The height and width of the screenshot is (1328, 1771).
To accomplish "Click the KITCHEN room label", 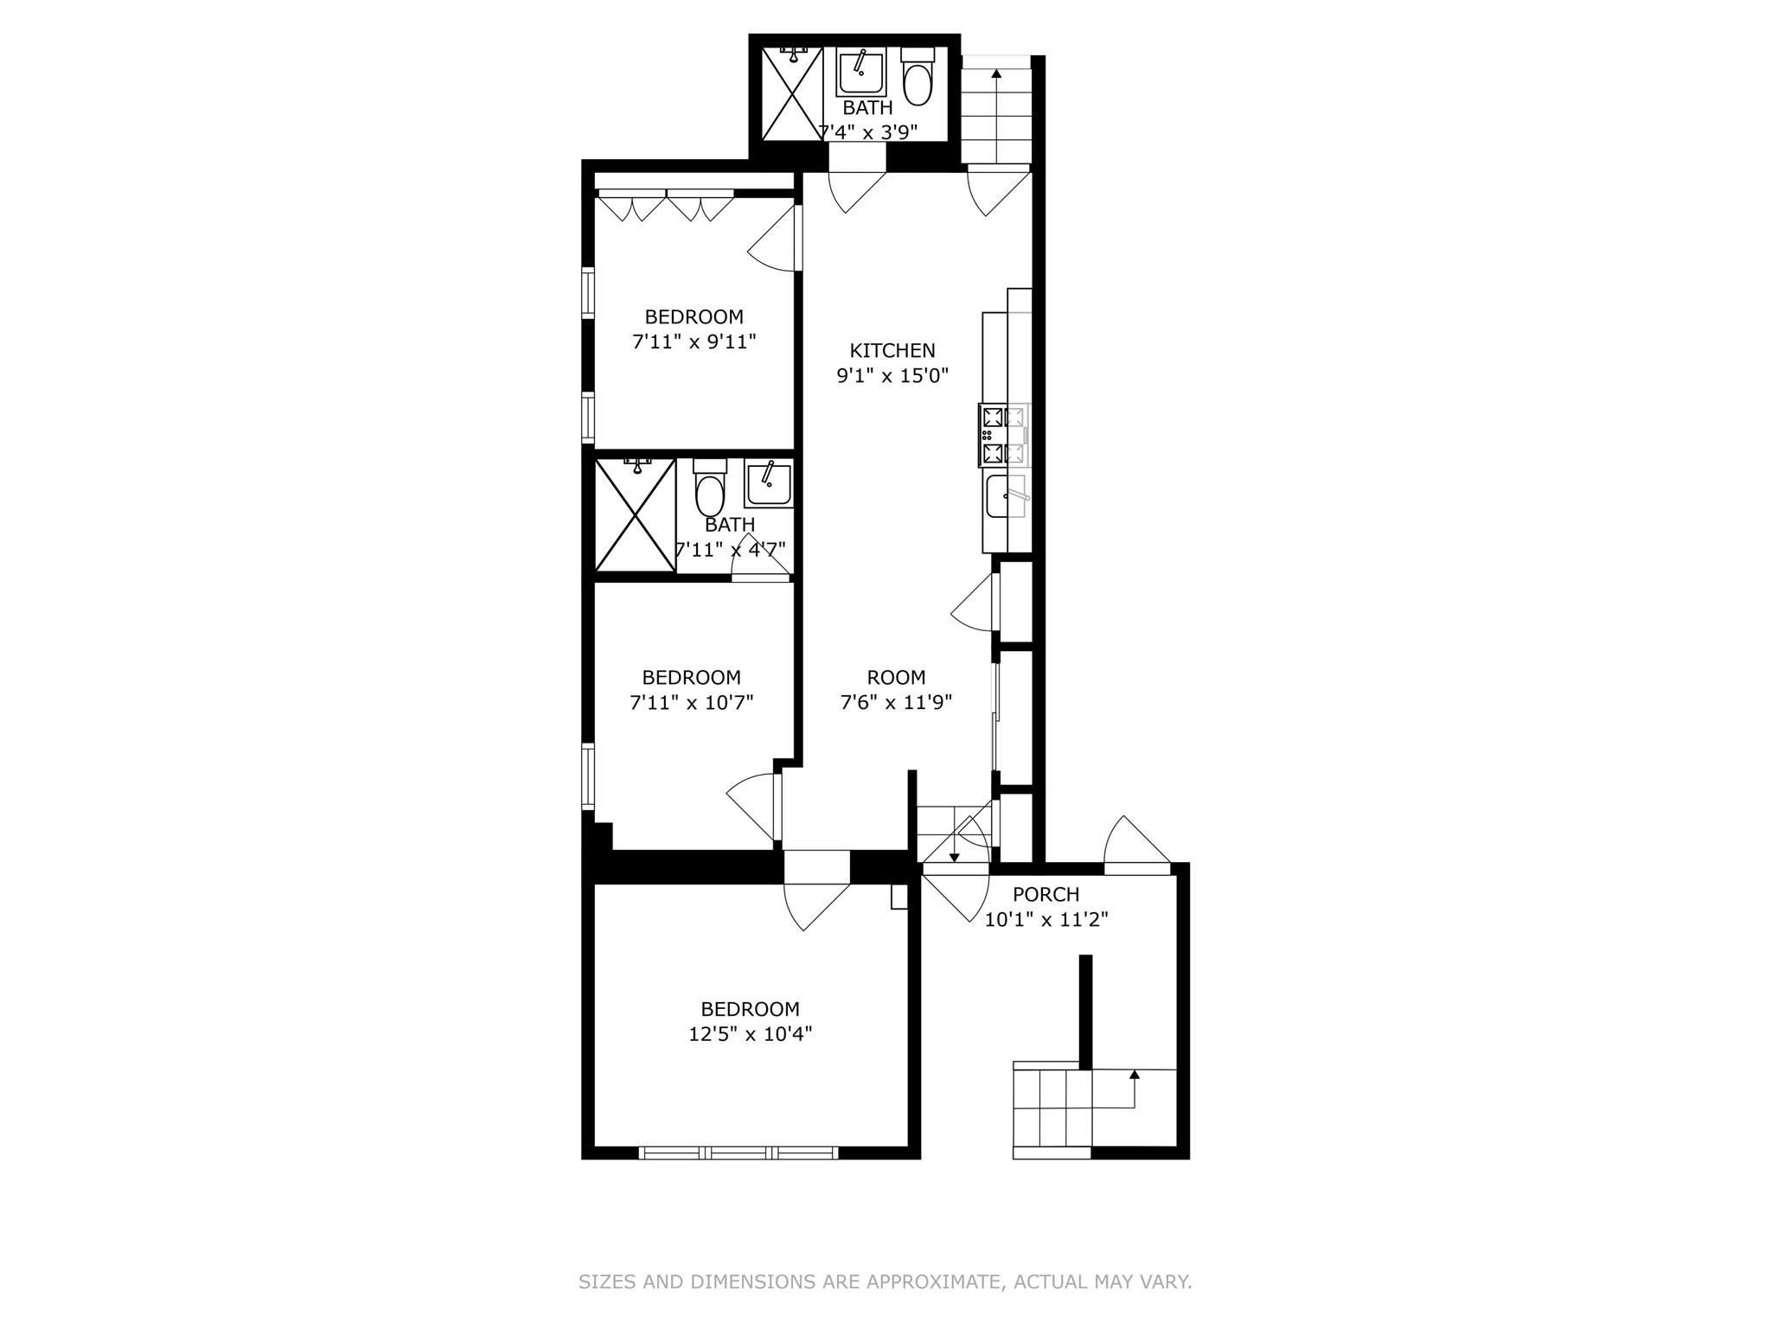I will click(x=892, y=350).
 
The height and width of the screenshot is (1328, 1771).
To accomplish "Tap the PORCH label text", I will click(x=1045, y=894).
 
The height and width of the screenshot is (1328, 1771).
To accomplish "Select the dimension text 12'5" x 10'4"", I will click(x=750, y=1033).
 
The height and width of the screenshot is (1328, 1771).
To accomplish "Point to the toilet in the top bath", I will click(x=917, y=78).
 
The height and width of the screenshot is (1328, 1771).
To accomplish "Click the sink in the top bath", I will click(x=860, y=73).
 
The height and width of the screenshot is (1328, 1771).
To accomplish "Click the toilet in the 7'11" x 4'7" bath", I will click(x=710, y=491).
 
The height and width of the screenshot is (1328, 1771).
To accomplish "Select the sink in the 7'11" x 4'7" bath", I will click(x=768, y=484).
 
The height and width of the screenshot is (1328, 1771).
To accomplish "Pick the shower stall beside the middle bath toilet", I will click(x=636, y=515).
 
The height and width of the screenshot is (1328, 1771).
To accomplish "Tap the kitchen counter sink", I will click(x=1005, y=496).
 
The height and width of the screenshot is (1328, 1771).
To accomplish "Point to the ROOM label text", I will click(x=896, y=677).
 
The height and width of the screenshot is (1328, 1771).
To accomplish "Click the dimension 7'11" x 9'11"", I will click(x=694, y=342).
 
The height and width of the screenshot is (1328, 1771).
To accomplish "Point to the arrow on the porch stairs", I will click(x=1134, y=1076).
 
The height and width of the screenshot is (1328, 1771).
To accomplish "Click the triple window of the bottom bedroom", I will click(x=738, y=1152).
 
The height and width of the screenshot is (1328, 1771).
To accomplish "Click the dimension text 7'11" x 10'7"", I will click(x=691, y=702).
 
